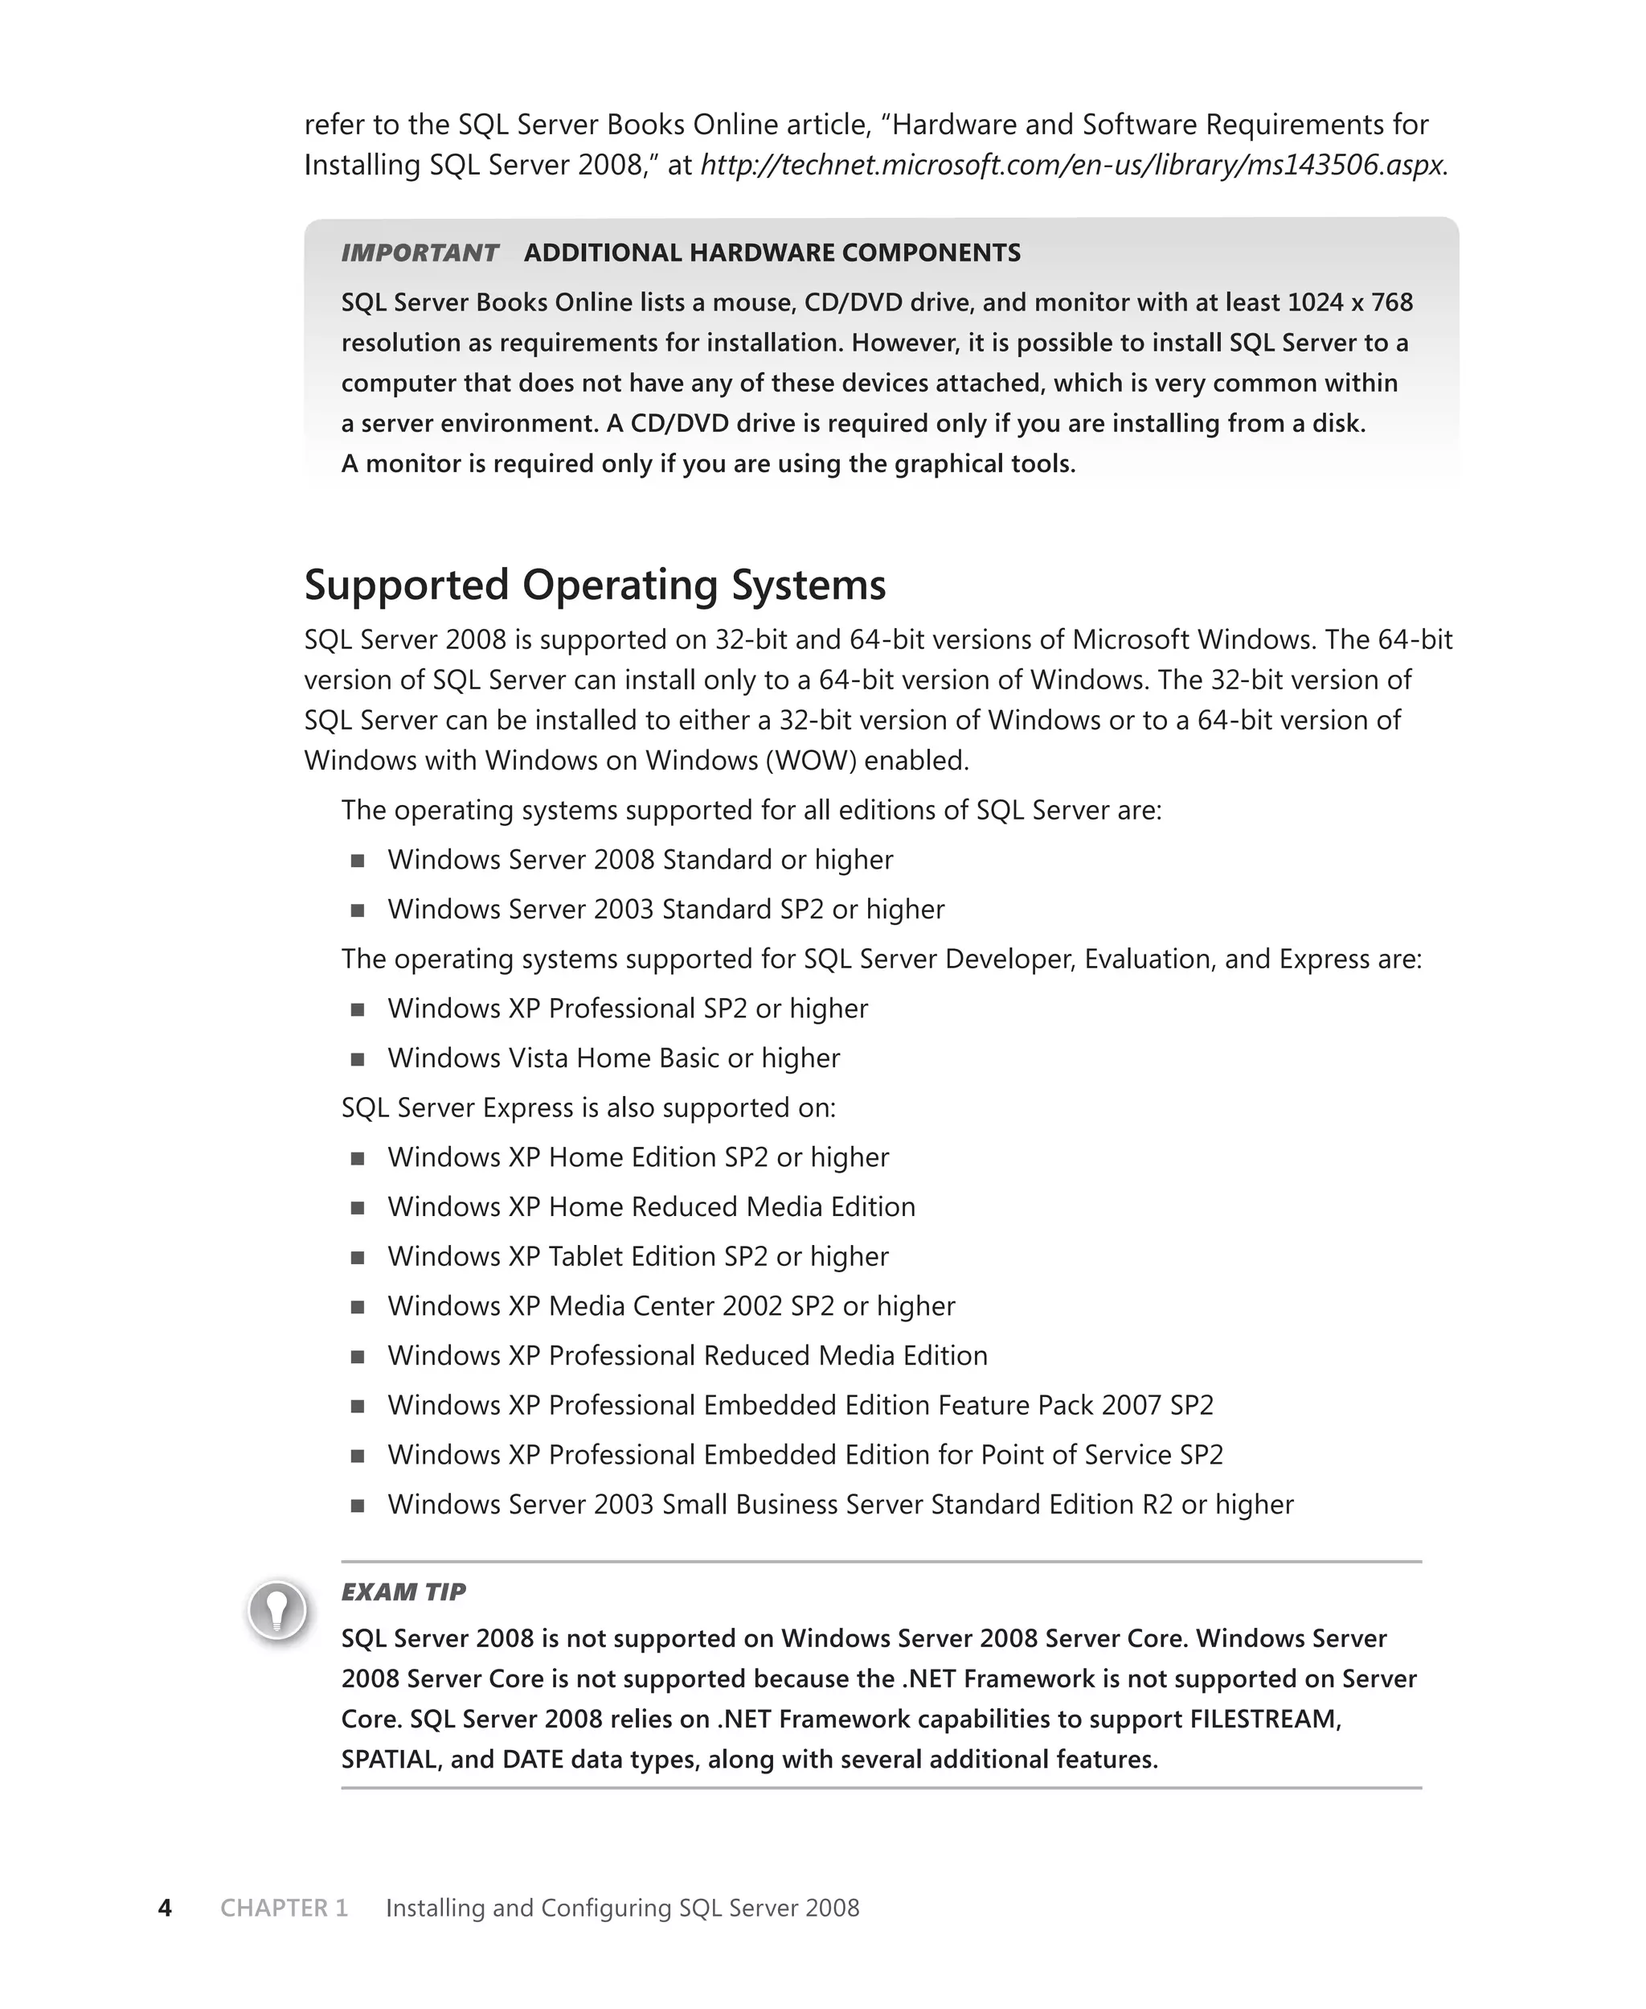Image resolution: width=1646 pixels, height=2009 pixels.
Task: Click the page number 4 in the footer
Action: point(165,1908)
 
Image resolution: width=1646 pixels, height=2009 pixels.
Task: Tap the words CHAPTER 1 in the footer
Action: point(285,1908)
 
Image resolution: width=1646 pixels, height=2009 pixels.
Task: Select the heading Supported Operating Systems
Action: point(595,585)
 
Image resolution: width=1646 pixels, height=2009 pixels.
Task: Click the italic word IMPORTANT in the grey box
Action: point(419,253)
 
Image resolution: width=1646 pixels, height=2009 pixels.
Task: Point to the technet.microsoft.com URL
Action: point(1071,165)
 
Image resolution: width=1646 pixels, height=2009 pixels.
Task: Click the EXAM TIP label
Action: point(403,1592)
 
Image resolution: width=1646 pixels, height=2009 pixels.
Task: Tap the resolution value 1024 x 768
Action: point(1350,302)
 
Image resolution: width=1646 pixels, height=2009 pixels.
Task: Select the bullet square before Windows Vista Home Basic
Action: point(358,1058)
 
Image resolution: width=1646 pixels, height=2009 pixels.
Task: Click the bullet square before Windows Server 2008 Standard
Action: point(358,861)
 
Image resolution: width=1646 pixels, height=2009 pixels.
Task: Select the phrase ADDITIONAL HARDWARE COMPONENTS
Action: point(772,253)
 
